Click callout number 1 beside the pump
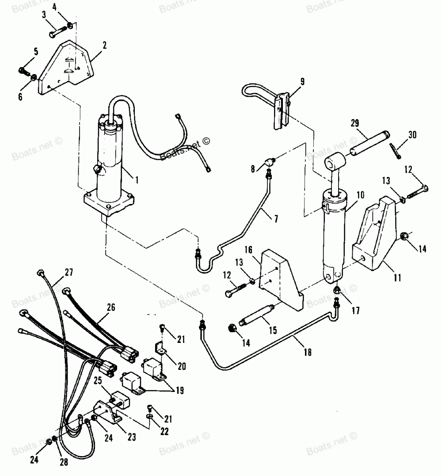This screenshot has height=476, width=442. pyautogui.click(x=137, y=180)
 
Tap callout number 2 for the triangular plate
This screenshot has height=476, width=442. pyautogui.click(x=105, y=44)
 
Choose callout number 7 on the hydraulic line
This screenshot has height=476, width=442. pyautogui.click(x=275, y=219)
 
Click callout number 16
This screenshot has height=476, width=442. pyautogui.click(x=249, y=250)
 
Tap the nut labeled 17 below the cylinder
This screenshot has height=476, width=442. pyautogui.click(x=337, y=290)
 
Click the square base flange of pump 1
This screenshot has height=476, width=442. pyautogui.click(x=108, y=201)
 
